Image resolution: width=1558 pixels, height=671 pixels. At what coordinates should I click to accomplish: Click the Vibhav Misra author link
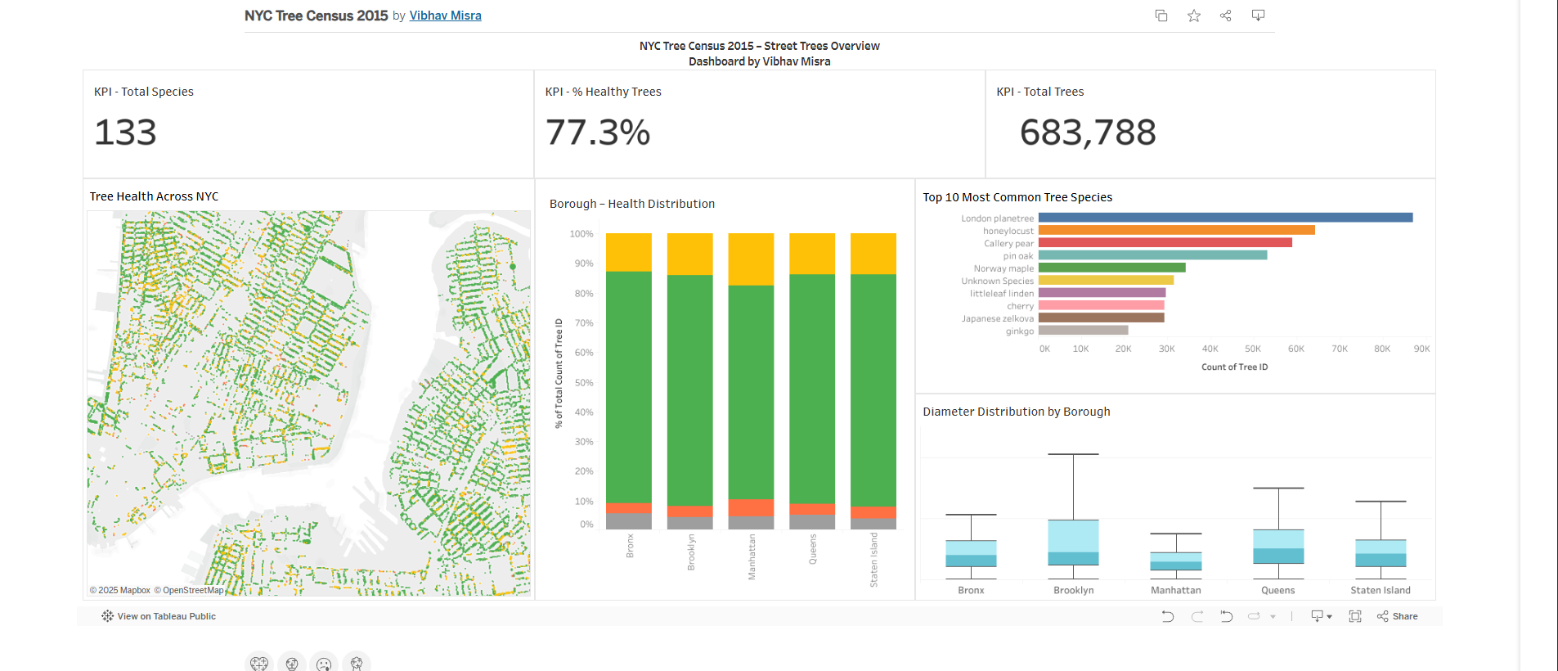(445, 16)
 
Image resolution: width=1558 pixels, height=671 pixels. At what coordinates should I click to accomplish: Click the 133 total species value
(125, 133)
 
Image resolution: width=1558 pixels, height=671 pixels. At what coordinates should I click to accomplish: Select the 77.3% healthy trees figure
(598, 133)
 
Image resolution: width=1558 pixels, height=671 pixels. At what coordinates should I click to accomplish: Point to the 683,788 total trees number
(1088, 133)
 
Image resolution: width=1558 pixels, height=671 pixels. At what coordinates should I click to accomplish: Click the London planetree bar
(1225, 218)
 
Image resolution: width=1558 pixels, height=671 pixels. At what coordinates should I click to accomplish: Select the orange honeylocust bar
(1176, 230)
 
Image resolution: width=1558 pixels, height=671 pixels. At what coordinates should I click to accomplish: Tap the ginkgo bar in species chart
(1083, 331)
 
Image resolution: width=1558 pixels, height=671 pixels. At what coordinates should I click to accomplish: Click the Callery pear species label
(1008, 243)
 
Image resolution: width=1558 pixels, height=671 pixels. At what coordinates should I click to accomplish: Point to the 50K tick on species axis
(1252, 349)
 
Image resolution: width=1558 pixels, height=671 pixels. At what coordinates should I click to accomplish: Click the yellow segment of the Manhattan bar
(751, 259)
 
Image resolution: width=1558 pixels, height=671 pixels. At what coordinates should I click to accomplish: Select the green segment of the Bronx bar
(629, 386)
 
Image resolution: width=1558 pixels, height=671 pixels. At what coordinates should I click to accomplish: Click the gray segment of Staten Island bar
(873, 524)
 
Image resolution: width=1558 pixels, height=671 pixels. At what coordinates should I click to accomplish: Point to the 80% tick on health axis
(583, 293)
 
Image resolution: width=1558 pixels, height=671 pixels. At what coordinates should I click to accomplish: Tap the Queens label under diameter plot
(1277, 590)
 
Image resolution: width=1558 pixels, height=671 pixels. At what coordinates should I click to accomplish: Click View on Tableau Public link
(166, 616)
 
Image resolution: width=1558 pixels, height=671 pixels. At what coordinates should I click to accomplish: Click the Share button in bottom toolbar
(1398, 616)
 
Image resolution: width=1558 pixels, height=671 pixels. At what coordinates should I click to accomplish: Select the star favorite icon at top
(1194, 16)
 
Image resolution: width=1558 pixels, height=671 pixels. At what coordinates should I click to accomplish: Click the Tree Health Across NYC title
(154, 196)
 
